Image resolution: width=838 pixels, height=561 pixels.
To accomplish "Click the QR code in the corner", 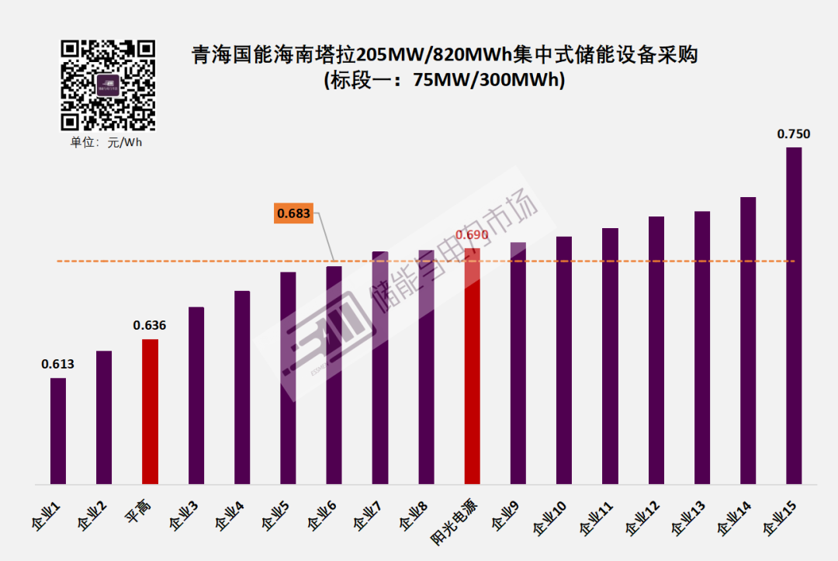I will click(x=108, y=85).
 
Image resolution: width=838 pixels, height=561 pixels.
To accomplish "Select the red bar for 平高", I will click(x=151, y=411).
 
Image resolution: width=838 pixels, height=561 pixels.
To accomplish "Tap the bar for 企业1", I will click(x=58, y=431).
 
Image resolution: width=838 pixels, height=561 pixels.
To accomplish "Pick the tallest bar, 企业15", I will click(x=794, y=315).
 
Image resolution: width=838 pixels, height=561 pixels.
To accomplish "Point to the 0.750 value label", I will click(x=794, y=134).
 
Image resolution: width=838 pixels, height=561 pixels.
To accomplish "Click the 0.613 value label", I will click(x=57, y=364).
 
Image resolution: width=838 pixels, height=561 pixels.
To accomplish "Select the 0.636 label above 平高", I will click(x=150, y=325).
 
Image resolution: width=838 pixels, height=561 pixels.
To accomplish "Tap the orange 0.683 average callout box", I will click(x=293, y=213).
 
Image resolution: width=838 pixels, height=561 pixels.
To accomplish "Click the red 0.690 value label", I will click(x=472, y=234).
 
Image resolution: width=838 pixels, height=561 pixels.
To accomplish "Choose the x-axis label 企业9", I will click(x=505, y=515).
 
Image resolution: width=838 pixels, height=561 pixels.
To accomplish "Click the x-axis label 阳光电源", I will click(x=453, y=519).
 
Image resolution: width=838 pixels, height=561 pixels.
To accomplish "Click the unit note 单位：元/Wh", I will click(x=107, y=142).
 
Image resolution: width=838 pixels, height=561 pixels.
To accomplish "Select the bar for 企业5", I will click(x=288, y=378).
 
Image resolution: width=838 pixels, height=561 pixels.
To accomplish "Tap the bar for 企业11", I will click(x=610, y=356).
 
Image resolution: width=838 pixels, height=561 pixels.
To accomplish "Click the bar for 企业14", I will click(x=748, y=341).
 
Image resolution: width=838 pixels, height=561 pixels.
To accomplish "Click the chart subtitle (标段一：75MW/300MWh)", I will click(x=444, y=80).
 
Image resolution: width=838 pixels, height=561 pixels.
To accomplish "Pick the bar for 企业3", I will click(x=196, y=396).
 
